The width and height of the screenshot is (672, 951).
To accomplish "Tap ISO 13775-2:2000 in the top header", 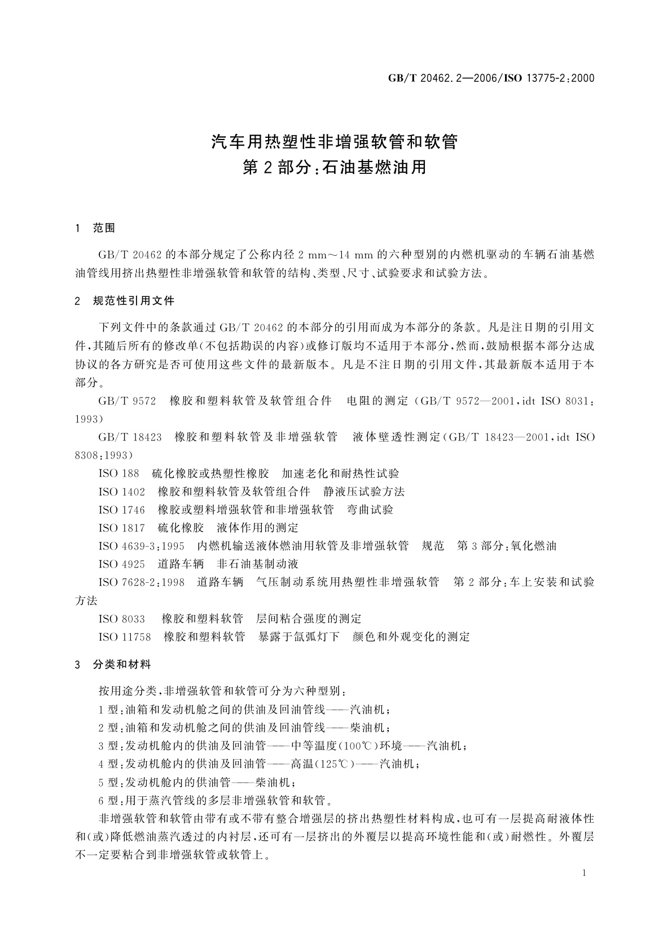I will click(x=551, y=78).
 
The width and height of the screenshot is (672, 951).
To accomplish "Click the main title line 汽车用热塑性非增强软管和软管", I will click(x=335, y=142).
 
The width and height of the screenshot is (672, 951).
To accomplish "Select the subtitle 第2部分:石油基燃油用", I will click(x=335, y=168).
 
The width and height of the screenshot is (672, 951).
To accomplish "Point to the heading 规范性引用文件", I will click(x=134, y=301).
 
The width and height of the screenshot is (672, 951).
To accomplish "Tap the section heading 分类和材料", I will click(x=122, y=665).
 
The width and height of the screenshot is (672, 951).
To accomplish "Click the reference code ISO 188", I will click(x=118, y=473).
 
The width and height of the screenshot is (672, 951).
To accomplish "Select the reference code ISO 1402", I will click(x=121, y=491).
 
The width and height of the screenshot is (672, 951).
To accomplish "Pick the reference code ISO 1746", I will click(x=121, y=509).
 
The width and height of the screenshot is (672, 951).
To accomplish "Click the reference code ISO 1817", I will click(x=121, y=527).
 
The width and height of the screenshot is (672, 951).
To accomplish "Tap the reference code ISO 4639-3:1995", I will click(x=141, y=546).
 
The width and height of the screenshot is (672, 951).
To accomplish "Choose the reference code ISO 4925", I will click(x=121, y=564).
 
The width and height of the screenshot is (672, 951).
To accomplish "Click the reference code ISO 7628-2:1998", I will click(x=141, y=582).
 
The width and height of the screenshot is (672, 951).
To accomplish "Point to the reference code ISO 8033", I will click(x=121, y=618).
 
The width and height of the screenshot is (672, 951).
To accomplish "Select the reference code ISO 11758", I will click(x=125, y=636).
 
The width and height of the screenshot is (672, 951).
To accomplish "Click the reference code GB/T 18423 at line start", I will click(x=130, y=437).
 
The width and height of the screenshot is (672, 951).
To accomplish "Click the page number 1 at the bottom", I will click(x=584, y=873).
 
